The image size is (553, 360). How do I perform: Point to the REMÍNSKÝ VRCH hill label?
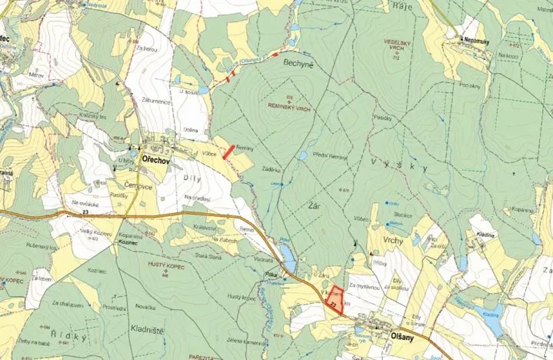(288, 108)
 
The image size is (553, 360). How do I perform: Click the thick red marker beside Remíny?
(228, 151)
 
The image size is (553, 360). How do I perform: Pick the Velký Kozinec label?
(92, 233)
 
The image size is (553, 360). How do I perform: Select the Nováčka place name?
(145, 308)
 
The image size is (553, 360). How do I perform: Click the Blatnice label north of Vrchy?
(403, 215)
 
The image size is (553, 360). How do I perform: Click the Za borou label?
(148, 49)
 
